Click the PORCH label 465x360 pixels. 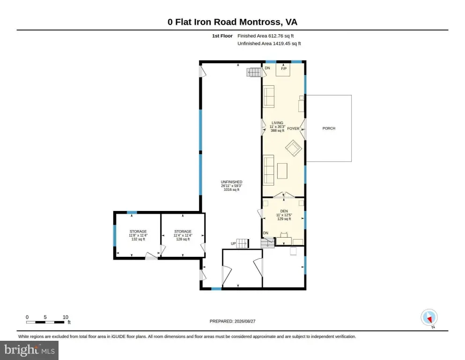click(329, 128)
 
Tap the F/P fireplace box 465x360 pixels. click(283, 70)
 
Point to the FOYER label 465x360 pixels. click(293, 128)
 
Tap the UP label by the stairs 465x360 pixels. click(233, 244)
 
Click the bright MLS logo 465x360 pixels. click(30, 350)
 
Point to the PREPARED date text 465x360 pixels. click(232, 321)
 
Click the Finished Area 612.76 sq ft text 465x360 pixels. click(266, 36)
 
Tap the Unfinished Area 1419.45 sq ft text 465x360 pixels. click(269, 43)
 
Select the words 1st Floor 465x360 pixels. click(222, 36)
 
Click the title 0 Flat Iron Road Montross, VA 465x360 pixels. click(232, 22)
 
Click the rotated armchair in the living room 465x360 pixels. click(294, 148)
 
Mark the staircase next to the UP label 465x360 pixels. click(242, 243)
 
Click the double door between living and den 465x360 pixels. click(284, 195)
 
